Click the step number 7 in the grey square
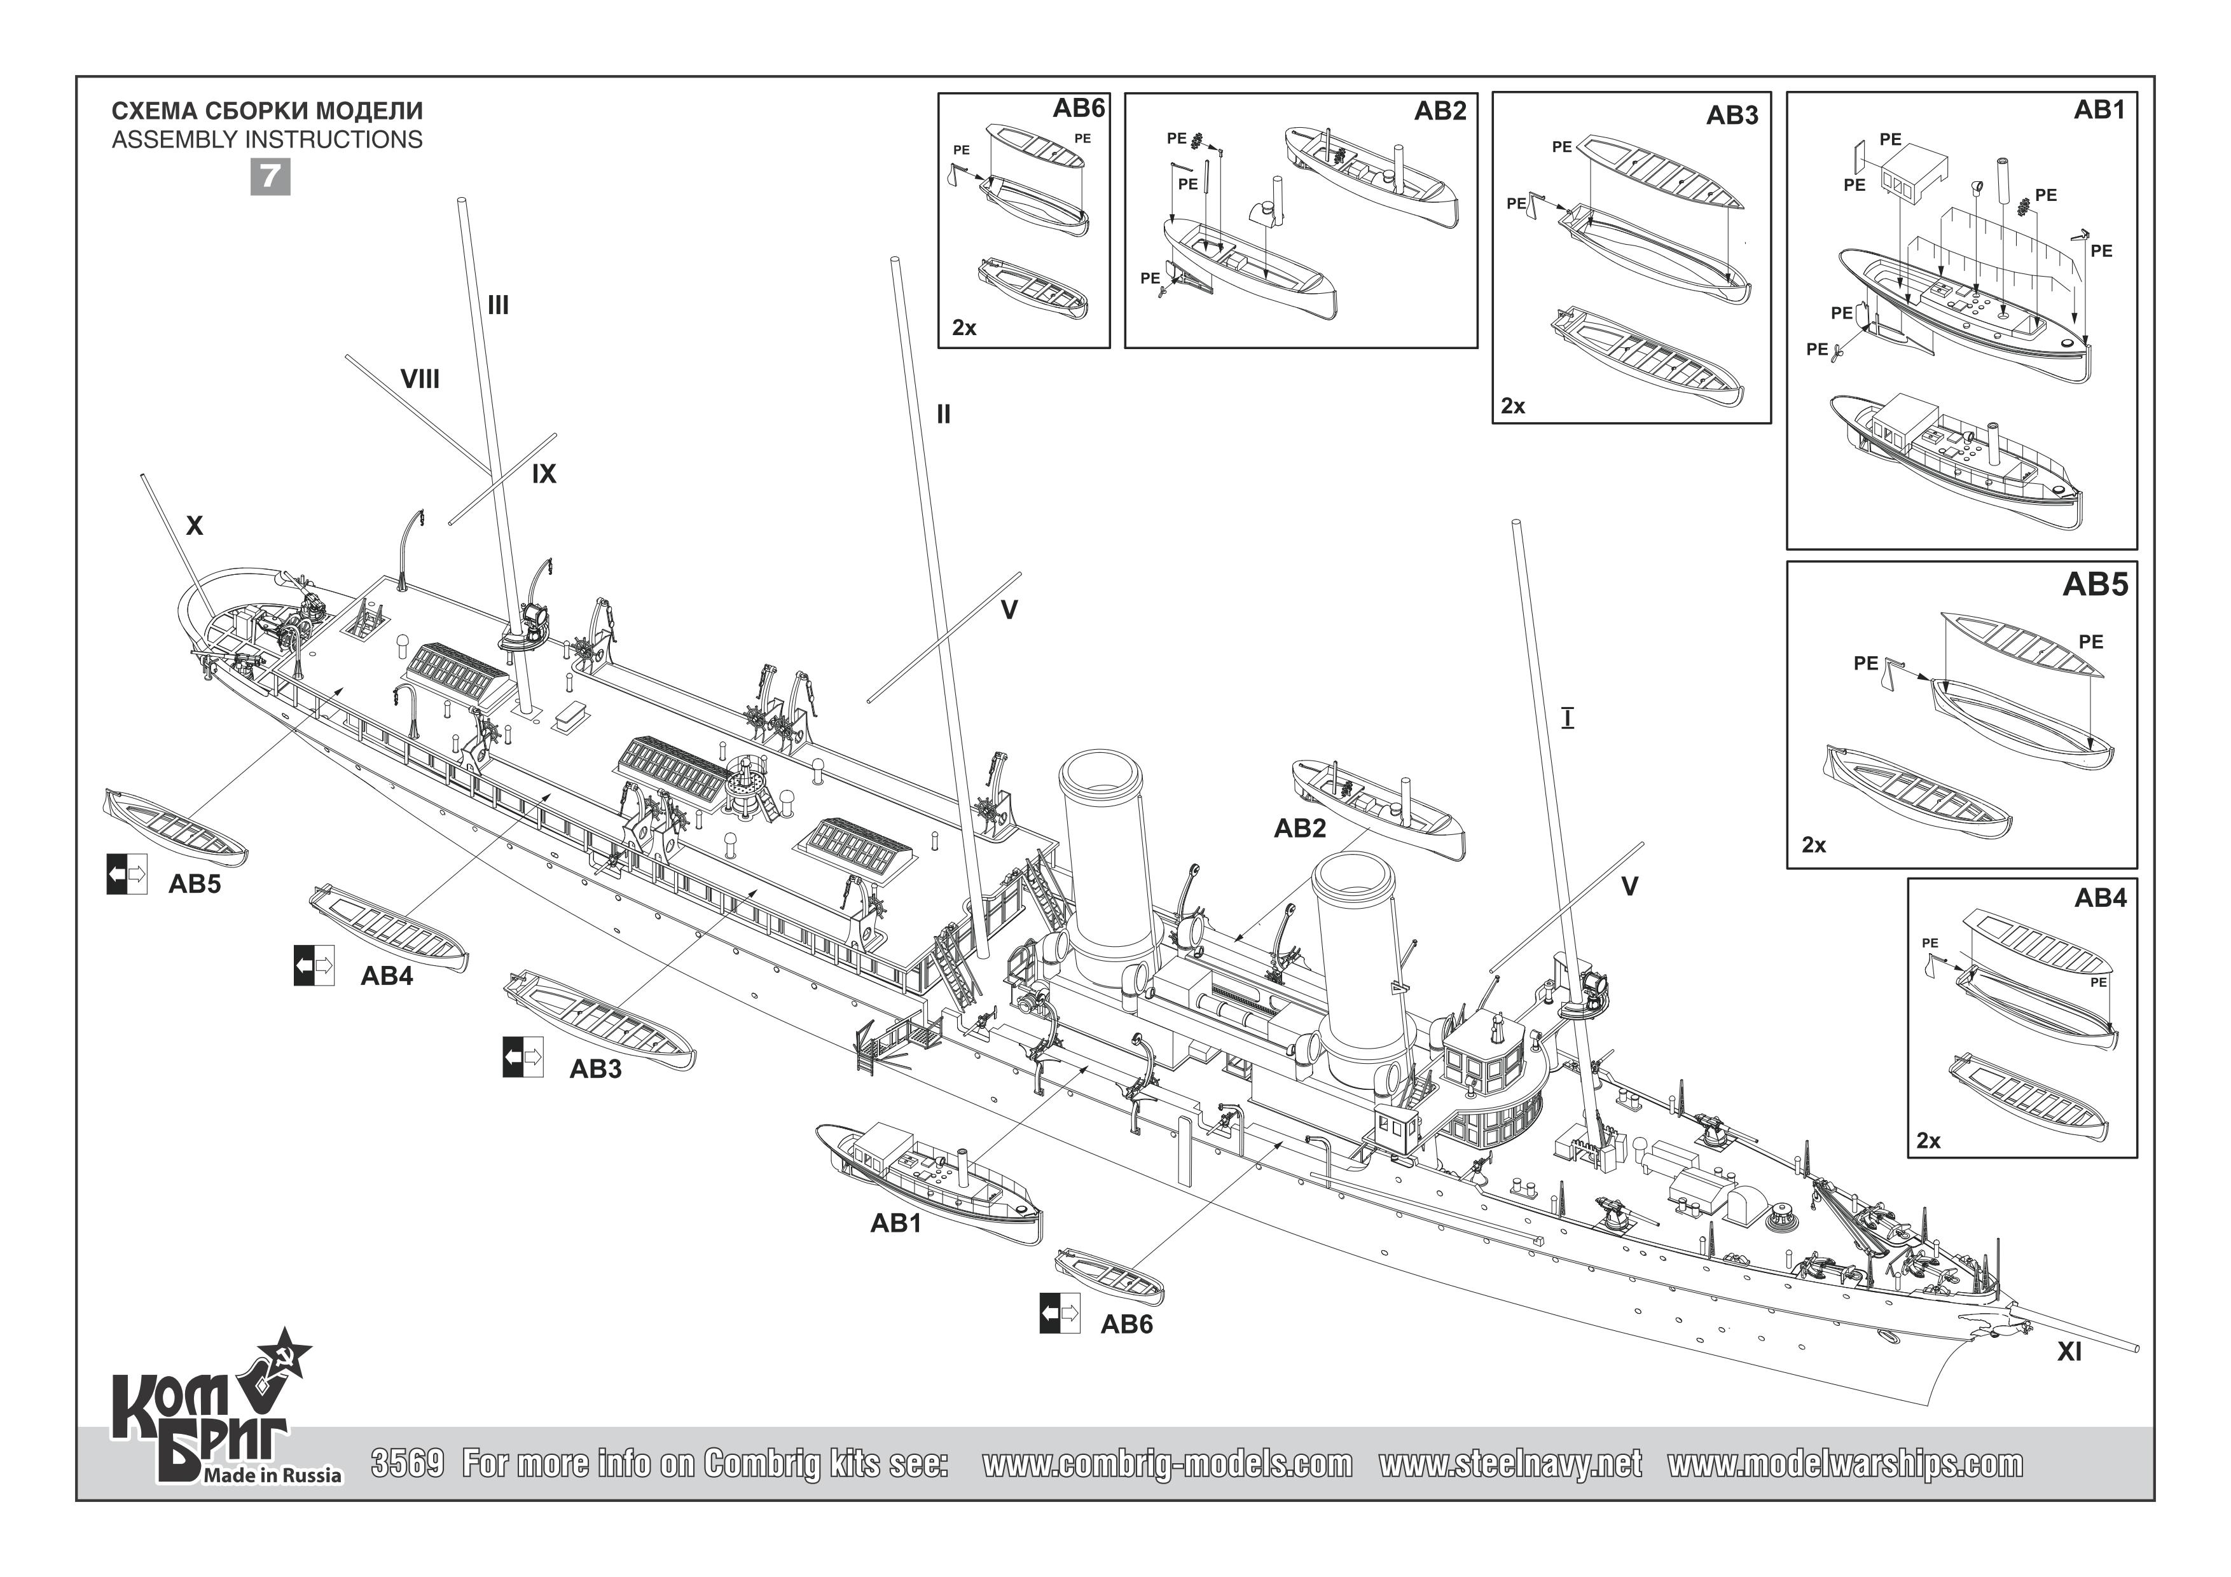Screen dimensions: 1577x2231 coord(270,176)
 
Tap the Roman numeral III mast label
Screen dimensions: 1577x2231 coord(497,305)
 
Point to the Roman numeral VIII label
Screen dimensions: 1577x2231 coord(420,379)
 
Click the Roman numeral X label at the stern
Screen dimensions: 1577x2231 coord(195,526)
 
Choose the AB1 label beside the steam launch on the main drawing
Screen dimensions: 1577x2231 coord(895,1223)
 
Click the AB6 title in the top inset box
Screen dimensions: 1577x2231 coord(1079,109)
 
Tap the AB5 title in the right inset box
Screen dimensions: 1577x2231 coord(2095,585)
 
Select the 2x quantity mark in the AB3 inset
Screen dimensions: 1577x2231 coord(1513,406)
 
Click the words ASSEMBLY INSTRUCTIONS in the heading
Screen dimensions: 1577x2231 coord(267,140)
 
